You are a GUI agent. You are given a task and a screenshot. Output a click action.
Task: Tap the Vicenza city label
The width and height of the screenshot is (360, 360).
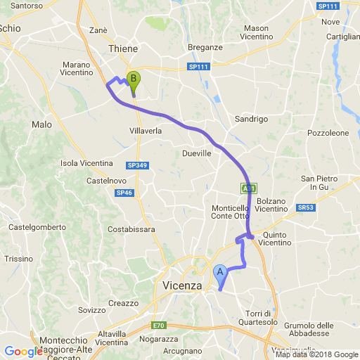point(181,285)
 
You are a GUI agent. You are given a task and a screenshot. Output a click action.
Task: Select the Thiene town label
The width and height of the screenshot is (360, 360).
point(124,49)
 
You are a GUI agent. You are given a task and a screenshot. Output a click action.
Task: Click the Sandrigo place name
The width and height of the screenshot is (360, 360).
point(252,119)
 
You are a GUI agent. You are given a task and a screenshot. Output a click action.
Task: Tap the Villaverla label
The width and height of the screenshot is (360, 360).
point(146,131)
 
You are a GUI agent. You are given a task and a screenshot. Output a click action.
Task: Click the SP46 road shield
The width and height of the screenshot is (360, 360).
point(124,192)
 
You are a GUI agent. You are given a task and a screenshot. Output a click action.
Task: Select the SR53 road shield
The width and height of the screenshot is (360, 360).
point(306,208)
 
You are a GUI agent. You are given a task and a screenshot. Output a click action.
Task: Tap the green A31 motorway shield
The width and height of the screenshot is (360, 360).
point(247,188)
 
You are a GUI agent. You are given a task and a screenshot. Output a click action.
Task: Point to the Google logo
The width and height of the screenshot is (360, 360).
point(22,352)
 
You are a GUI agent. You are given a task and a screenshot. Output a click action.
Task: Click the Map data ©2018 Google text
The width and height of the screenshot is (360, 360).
point(316,354)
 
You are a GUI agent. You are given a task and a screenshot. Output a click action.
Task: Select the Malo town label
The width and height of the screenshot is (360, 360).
point(41,124)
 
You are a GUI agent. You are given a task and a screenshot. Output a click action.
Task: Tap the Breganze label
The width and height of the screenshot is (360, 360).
point(205,47)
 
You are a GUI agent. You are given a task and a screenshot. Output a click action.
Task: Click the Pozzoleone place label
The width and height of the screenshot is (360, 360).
point(328,132)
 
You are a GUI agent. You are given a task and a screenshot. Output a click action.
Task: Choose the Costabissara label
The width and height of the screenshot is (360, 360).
point(131,229)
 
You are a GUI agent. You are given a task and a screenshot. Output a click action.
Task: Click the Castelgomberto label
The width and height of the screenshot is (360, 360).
point(37,227)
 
